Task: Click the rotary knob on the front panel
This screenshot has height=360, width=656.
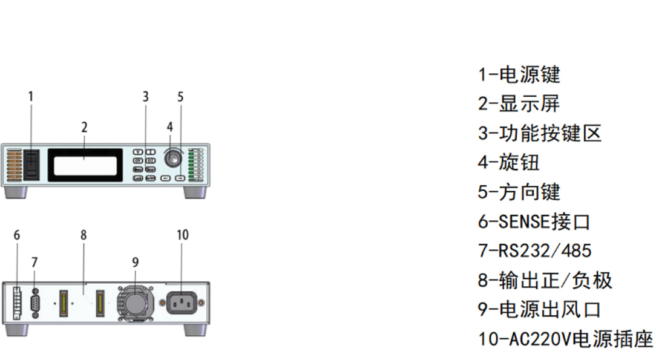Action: pyautogui.click(x=172, y=159)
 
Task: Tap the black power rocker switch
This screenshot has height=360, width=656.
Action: pyautogui.click(x=31, y=165)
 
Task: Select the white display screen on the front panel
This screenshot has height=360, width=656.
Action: pyautogui.click(x=85, y=166)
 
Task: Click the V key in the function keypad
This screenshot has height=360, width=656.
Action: pyautogui.click(x=137, y=152)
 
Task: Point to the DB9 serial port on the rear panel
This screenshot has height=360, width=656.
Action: pyautogui.click(x=36, y=303)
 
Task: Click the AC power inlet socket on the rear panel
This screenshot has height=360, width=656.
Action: pyautogui.click(x=182, y=303)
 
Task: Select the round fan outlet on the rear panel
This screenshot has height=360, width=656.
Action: pyautogui.click(x=135, y=304)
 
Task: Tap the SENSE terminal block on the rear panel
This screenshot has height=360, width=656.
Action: pyautogui.click(x=17, y=303)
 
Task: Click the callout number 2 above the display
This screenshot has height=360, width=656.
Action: pyautogui.click(x=85, y=127)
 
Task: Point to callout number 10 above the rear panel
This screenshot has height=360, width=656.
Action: pyautogui.click(x=182, y=235)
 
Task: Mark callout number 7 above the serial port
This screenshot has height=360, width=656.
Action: pyautogui.click(x=34, y=263)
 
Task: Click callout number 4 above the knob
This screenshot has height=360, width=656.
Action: pyautogui.click(x=170, y=126)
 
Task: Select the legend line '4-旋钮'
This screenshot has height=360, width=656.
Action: pyautogui.click(x=509, y=162)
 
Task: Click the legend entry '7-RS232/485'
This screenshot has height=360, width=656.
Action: pyautogui.click(x=535, y=250)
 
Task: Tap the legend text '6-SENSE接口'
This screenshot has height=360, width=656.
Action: pyautogui.click(x=534, y=221)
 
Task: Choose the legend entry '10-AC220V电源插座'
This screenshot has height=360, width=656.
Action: pyautogui.click(x=566, y=339)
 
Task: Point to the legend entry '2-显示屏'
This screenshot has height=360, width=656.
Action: pyautogui.click(x=519, y=103)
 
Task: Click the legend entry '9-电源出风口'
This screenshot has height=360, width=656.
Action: pyautogui.click(x=539, y=309)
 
